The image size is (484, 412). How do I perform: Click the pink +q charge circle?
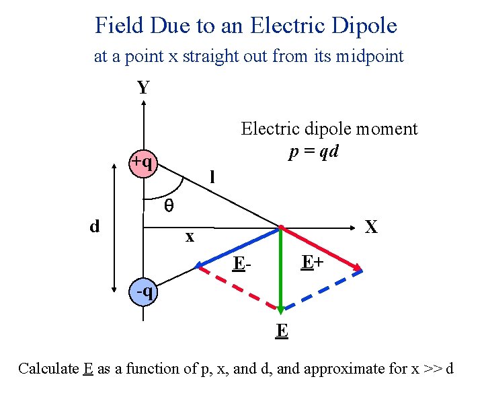coord(142,164)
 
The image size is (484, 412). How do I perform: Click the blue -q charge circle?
coord(143,292)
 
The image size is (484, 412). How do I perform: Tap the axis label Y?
coord(143,88)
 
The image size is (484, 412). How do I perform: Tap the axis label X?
coord(370,228)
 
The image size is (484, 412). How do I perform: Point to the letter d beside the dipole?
coord(95,226)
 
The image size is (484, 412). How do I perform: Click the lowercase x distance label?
coord(190,237)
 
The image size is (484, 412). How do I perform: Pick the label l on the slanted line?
coord(212,178)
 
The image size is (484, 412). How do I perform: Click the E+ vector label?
coord(313,262)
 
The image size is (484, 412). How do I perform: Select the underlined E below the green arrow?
coord(282,331)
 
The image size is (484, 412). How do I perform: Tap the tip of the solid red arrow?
coord(361,270)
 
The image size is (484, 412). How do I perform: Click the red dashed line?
coord(239,290)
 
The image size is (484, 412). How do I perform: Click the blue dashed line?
coord(323,290)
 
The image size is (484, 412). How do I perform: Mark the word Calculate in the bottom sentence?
coord(48,369)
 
